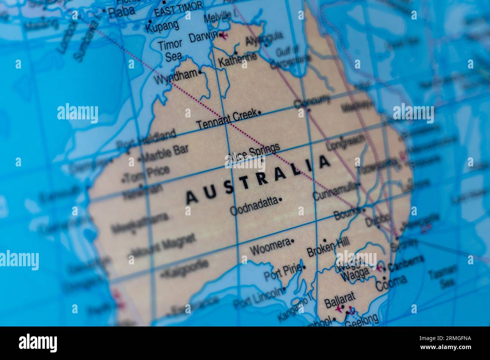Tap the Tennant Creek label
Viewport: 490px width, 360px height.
point(227,119)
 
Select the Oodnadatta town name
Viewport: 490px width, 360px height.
point(254,206)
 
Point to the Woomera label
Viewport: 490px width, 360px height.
point(270,247)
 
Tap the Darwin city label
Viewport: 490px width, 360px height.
point(202,37)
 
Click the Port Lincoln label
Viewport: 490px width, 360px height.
point(257,297)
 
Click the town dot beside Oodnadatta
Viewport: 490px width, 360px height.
point(280,200)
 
